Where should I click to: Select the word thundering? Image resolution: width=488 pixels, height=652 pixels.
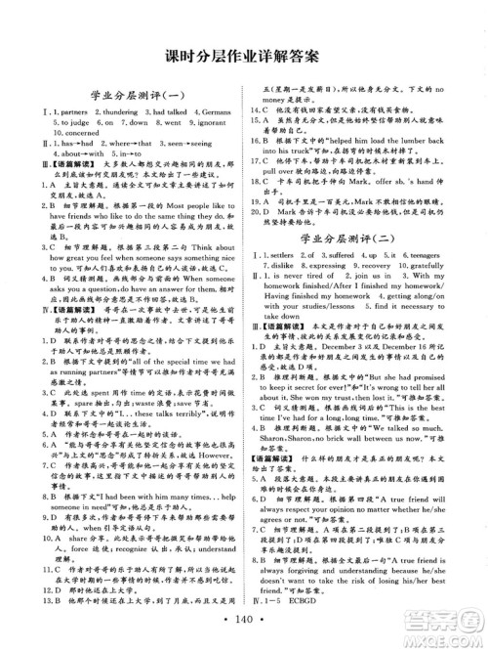click(x=104, y=114)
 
